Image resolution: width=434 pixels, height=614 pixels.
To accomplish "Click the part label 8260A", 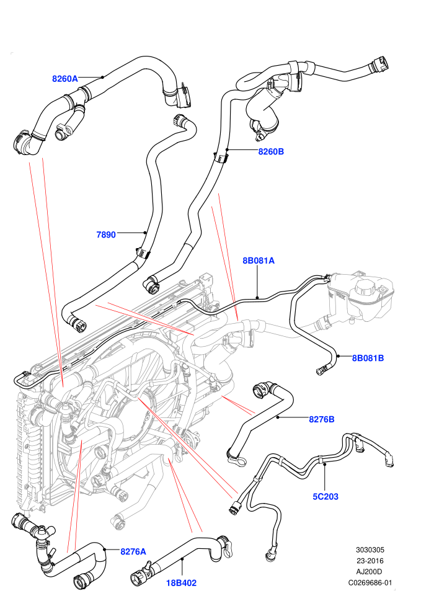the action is [65, 79].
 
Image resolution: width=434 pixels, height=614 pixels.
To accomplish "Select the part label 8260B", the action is [271, 151].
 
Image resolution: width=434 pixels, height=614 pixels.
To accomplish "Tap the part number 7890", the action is [106, 234].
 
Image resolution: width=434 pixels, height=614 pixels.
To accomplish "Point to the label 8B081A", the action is [259, 260].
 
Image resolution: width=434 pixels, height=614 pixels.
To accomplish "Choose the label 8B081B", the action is [368, 357].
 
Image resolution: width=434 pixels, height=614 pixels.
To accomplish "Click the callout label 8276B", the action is [322, 419].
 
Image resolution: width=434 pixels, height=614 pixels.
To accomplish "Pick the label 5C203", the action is [325, 497].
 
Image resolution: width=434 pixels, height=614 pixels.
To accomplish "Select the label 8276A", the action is [133, 551].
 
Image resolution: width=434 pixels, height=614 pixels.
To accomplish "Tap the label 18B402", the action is [181, 582].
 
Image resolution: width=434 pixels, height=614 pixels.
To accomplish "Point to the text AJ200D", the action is [370, 572].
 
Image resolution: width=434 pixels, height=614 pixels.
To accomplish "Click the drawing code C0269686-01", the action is [370, 582].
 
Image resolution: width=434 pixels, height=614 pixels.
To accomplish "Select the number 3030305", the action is [370, 549].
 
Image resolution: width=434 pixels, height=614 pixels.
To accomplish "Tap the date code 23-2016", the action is [370, 561].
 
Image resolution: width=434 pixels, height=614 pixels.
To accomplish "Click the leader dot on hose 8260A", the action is [102, 77].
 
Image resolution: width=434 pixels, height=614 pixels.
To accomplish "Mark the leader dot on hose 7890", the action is [145, 233].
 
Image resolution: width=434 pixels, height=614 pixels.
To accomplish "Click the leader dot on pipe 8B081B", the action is [338, 357].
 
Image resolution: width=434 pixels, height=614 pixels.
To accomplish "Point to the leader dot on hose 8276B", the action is [278, 417].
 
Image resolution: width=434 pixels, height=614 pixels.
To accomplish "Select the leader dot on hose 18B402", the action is [182, 561].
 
